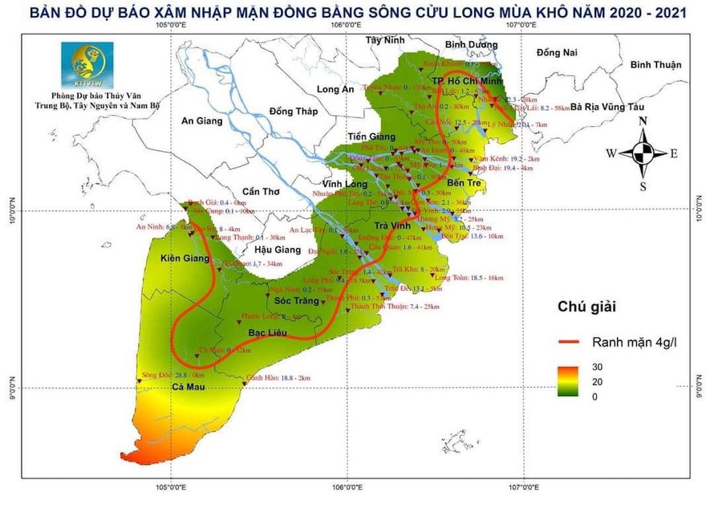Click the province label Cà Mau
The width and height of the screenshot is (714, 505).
point(186,389)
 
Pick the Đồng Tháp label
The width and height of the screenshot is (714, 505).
point(294,111)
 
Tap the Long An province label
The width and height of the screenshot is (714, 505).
point(335,89)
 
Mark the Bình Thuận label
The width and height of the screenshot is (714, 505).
point(655,65)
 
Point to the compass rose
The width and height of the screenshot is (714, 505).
point(643,153)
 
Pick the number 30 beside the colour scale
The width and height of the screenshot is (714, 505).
point(599,367)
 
